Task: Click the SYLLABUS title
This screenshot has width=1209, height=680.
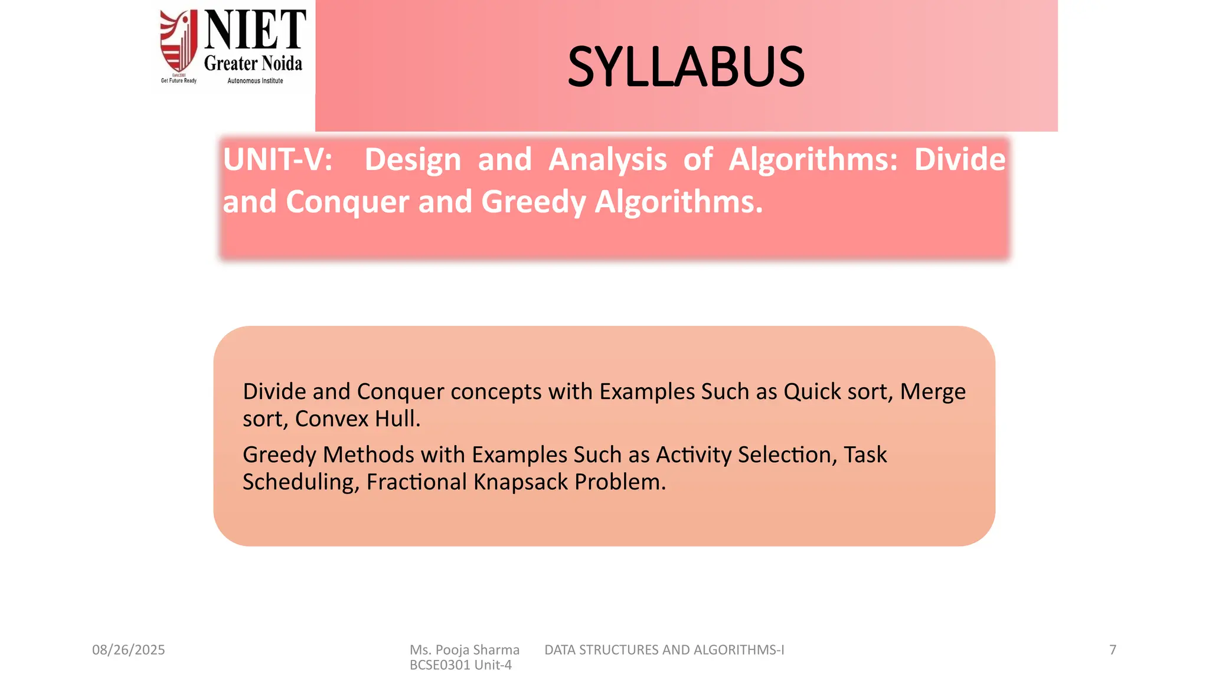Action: tap(686, 67)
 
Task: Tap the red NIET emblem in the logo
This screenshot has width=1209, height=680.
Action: tap(179, 41)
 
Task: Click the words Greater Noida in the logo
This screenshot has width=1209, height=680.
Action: tap(253, 64)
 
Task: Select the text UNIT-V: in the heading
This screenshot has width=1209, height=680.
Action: tap(277, 159)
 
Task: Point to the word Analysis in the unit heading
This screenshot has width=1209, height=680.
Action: tap(607, 159)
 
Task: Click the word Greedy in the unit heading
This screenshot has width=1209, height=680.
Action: tap(533, 202)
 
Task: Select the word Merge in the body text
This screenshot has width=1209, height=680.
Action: tap(933, 392)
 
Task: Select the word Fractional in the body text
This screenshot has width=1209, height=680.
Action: tap(416, 482)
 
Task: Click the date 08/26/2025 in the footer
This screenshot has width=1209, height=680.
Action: tap(128, 650)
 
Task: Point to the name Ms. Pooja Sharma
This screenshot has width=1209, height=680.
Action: tap(465, 650)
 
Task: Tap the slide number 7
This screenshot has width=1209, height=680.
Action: tap(1113, 650)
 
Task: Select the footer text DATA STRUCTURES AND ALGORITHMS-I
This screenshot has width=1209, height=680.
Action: tap(664, 650)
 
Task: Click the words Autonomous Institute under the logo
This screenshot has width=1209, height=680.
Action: tap(255, 81)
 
